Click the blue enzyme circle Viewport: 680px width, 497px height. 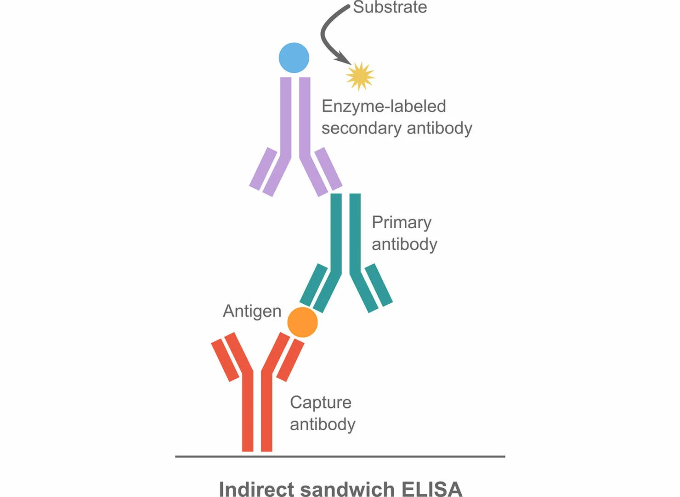[294, 58]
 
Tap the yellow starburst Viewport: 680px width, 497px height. [360, 76]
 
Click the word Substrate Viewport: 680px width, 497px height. [390, 7]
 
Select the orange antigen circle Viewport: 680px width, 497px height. [302, 322]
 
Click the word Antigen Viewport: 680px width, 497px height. [252, 312]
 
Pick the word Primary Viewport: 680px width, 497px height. [402, 223]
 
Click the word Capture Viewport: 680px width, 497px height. [321, 403]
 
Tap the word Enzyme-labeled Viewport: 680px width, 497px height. [384, 106]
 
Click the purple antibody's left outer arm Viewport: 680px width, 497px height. [263, 168]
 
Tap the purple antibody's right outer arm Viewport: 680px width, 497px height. [329, 168]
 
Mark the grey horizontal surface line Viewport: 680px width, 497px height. [340, 457]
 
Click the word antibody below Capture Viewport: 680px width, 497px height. [323, 424]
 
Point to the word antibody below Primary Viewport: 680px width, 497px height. [404, 244]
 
